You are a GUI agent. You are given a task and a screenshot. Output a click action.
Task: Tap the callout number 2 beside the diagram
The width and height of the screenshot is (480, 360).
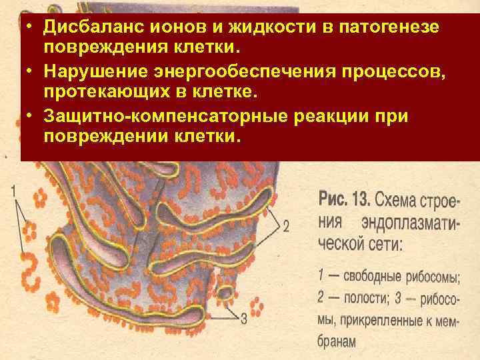coord(285,227)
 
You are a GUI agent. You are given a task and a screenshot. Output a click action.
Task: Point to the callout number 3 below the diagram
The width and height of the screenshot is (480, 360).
coord(243,319)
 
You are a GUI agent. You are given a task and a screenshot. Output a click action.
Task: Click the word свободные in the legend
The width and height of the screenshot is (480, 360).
coord(371,275)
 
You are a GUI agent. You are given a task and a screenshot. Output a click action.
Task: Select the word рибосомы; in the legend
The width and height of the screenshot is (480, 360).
coord(437,275)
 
